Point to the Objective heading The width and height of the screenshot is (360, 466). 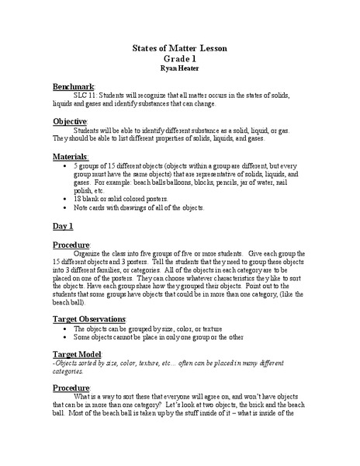point(70,122)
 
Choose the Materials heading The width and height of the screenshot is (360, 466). point(71,157)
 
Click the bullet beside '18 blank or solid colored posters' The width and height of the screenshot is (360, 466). point(63,199)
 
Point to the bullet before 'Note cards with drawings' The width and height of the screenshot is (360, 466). point(63,207)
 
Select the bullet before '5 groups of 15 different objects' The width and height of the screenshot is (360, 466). point(63,166)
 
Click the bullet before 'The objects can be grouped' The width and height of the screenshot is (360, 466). point(63,329)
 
